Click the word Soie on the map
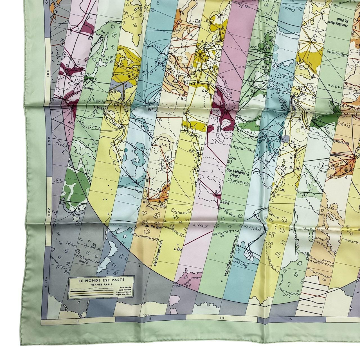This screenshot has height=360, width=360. pos(89,87)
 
